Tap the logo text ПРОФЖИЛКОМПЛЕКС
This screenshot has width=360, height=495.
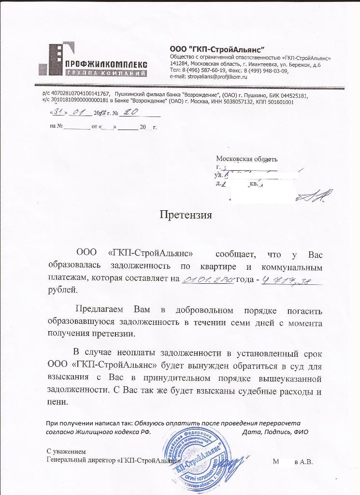pyautogui.click(x=106, y=64)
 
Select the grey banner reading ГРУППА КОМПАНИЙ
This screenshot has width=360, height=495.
pyautogui.click(x=106, y=73)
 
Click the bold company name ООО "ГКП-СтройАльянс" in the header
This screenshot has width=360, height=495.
pyautogui.click(x=217, y=49)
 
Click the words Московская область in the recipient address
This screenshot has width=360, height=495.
pyautogui.click(x=246, y=159)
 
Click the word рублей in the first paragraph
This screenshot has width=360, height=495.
pyautogui.click(x=62, y=290)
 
